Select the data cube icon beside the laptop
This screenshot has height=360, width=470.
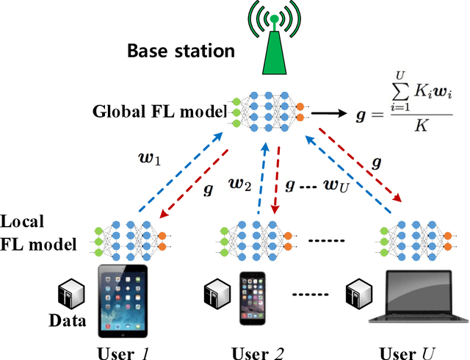[x=360, y=292]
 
